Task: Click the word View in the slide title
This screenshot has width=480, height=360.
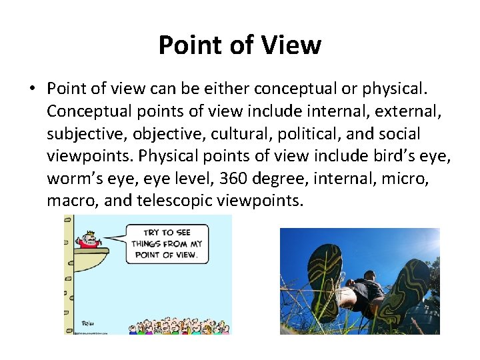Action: (x=291, y=45)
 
